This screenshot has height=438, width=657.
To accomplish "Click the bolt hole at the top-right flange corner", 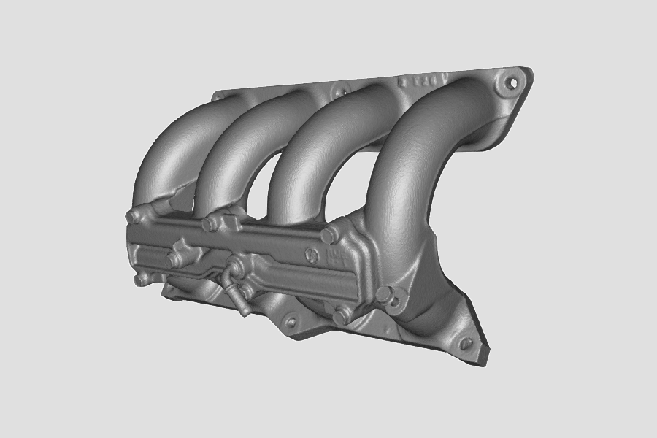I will pyautogui.click(x=513, y=82).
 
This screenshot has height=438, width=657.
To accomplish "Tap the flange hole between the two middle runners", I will pyautogui.click(x=337, y=91).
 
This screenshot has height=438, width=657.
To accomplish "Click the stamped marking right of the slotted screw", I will pyautogui.click(x=334, y=255).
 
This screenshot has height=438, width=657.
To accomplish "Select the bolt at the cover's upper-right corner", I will pyautogui.click(x=328, y=235).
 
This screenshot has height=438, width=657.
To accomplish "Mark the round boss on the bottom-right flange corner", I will pyautogui.click(x=465, y=343).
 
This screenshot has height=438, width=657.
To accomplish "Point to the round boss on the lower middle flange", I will pyautogui.click(x=291, y=321).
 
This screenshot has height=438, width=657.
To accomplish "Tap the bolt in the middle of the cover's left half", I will pyautogui.click(x=176, y=259).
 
